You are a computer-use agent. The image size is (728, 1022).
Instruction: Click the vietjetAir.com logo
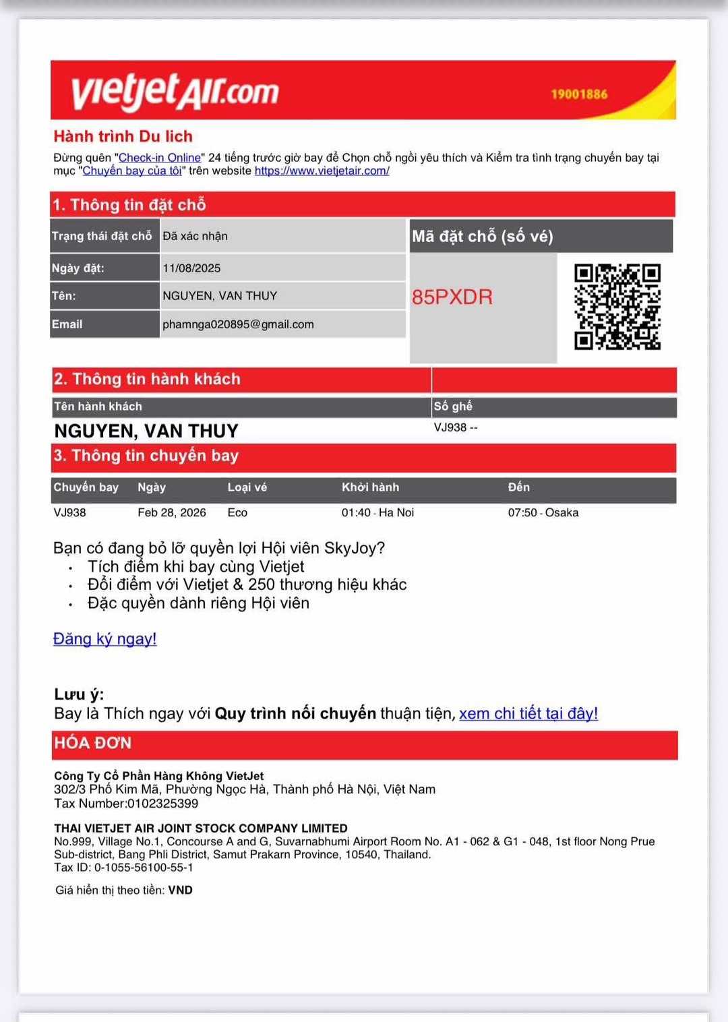175,91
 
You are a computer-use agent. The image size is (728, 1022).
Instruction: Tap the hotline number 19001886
579,94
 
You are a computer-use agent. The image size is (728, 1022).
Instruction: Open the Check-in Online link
160,158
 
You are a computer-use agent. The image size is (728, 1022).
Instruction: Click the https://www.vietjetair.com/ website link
322,171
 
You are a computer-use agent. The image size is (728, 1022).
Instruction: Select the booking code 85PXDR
452,297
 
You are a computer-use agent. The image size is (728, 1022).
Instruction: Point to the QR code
617,307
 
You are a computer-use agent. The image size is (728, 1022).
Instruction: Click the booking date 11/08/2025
191,268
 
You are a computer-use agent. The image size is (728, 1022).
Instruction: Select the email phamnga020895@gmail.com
238,324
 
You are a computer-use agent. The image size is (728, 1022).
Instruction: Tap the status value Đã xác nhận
195,236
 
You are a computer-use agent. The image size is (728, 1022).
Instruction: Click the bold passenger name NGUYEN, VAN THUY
146,431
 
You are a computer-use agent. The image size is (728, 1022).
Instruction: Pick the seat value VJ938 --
456,427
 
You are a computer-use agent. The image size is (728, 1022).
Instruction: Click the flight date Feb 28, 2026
172,512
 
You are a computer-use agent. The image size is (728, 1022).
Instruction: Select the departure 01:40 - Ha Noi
377,512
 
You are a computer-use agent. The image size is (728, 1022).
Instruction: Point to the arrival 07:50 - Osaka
543,512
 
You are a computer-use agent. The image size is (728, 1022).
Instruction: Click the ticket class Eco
237,512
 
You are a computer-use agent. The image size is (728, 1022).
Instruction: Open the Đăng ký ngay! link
104,638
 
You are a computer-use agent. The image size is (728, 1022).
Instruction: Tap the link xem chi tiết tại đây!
528,713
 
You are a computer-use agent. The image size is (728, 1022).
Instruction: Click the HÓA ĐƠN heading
93,743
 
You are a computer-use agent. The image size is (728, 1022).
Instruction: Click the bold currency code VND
180,890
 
